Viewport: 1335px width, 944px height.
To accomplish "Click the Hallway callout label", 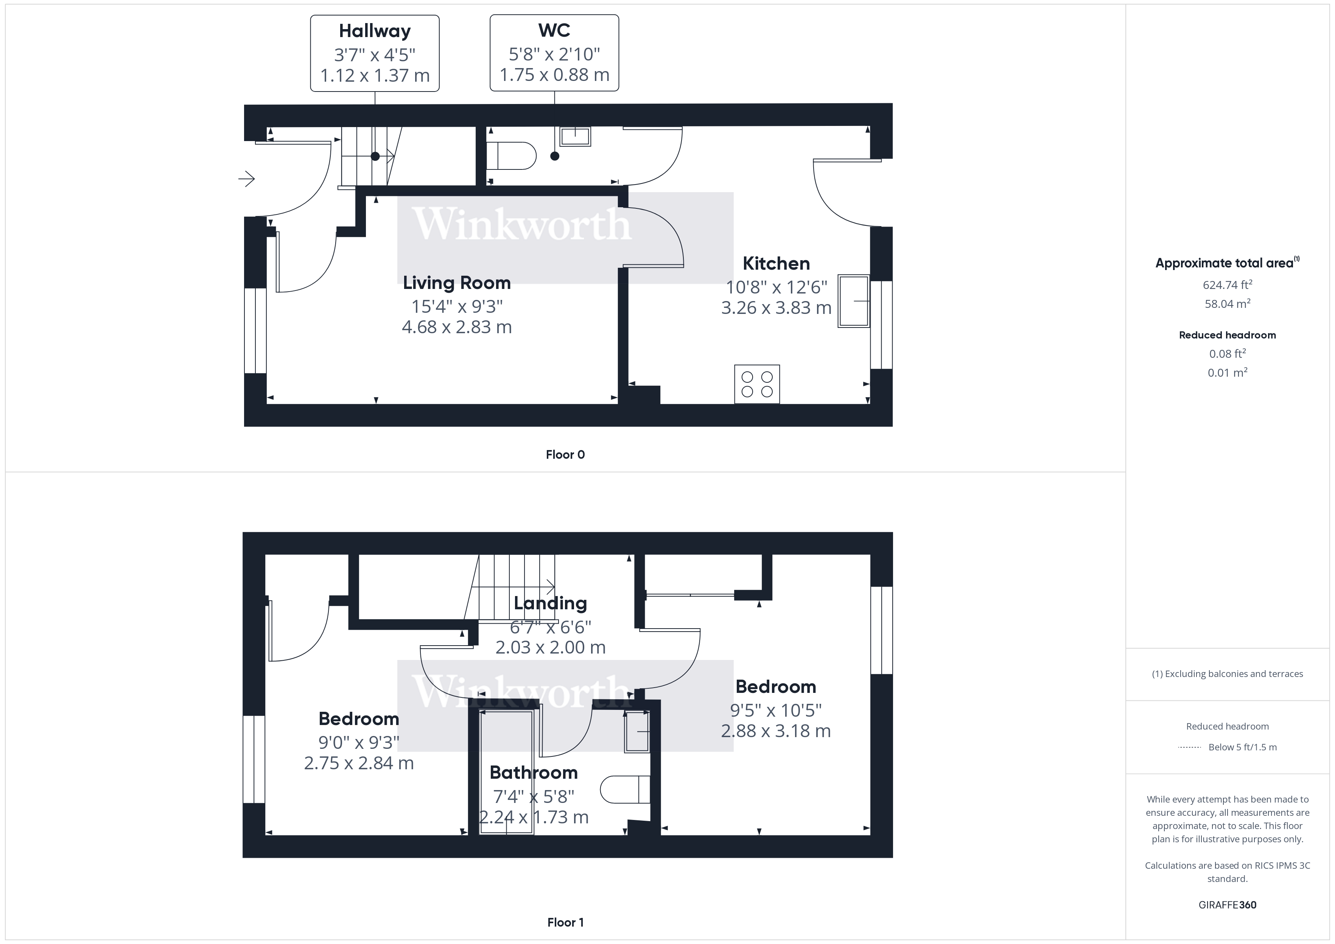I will (375, 31).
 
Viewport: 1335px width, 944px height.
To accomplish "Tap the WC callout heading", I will (554, 30).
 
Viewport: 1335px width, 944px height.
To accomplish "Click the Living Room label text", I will (456, 283).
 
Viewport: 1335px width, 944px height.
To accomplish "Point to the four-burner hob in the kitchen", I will (756, 383).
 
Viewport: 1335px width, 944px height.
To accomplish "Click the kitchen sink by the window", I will (853, 301).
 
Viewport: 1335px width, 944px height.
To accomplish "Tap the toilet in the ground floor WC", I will (511, 156).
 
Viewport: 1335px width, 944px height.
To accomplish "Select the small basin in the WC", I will (574, 137).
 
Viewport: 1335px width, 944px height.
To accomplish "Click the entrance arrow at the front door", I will (247, 179).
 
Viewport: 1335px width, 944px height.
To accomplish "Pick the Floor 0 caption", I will (565, 455).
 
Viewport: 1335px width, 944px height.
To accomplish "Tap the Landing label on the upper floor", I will (550, 603).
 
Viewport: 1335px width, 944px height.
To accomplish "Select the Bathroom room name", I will (533, 773).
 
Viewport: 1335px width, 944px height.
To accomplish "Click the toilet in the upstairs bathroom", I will (625, 789).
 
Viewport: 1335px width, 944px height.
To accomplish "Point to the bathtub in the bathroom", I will (506, 773).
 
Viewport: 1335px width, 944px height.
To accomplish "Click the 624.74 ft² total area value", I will (1227, 285).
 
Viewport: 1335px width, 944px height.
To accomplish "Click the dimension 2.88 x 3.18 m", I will (776, 731).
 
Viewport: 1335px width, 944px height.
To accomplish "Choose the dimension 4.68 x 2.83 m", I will (456, 327).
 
